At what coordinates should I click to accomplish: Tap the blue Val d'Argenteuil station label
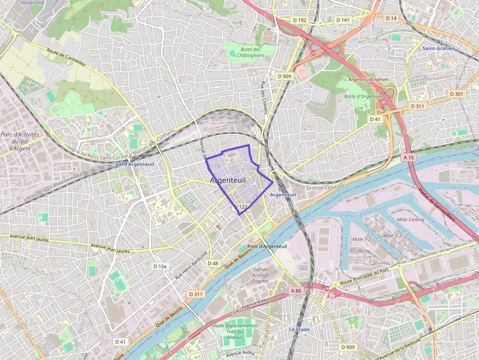click(x=134, y=164)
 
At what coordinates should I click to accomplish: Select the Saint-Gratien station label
click(x=438, y=48)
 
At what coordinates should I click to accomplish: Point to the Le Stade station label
click(x=299, y=329)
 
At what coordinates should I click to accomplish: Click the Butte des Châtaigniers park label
click(x=250, y=52)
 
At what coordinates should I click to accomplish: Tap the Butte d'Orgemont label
click(x=363, y=96)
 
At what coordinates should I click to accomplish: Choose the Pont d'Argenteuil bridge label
click(x=267, y=246)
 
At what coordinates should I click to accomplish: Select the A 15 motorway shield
click(x=409, y=157)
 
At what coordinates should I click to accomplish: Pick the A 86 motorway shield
click(x=296, y=291)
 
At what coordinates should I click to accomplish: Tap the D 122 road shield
click(x=240, y=207)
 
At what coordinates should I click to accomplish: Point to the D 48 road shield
click(x=213, y=263)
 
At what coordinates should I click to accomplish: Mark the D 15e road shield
click(x=160, y=267)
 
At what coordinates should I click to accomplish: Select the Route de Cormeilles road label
click(x=66, y=57)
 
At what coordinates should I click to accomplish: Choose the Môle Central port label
click(x=411, y=220)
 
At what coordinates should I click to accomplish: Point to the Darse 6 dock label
click(x=458, y=188)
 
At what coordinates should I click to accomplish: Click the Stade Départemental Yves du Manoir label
click(x=235, y=331)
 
